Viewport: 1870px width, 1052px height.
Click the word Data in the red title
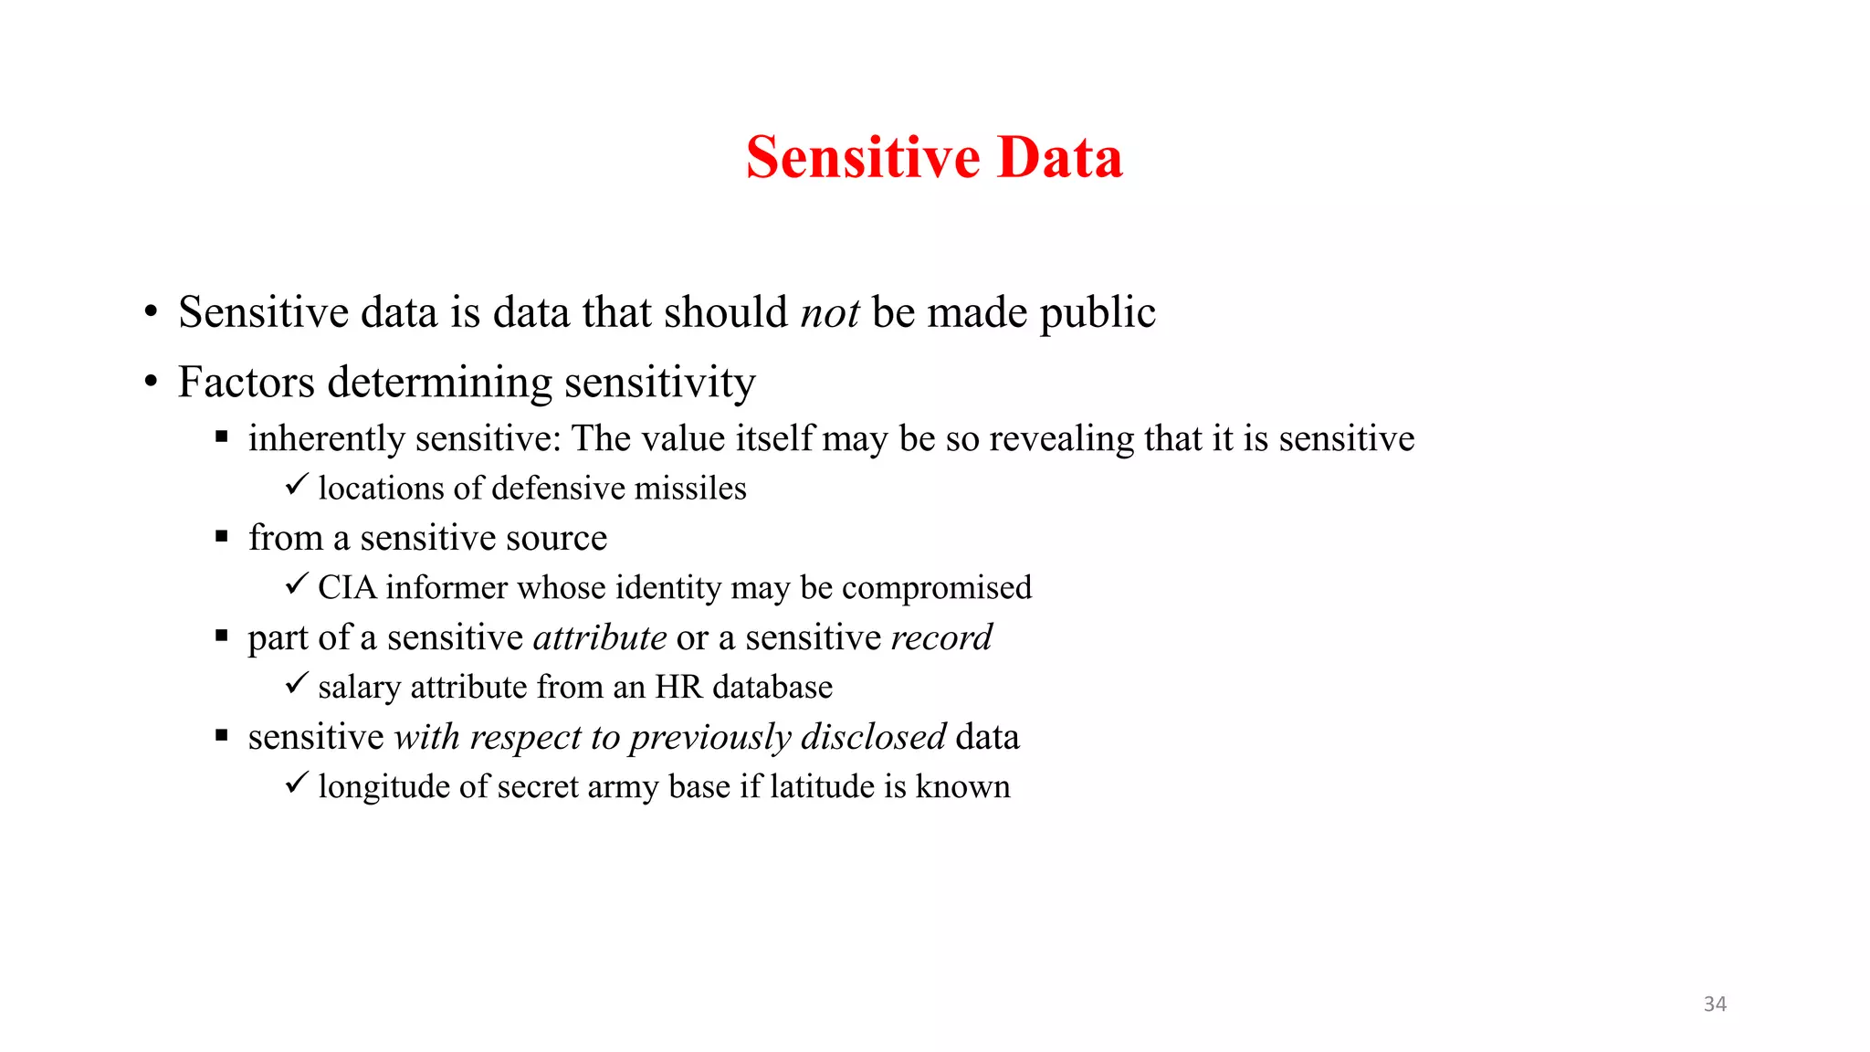click(1059, 157)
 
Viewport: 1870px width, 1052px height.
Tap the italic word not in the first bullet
click(829, 313)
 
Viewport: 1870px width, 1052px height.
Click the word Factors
click(246, 382)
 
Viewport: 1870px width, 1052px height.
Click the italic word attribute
click(600, 637)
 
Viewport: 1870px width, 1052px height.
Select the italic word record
click(941, 637)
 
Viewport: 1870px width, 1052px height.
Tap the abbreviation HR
click(678, 687)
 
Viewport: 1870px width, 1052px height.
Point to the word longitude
click(383, 786)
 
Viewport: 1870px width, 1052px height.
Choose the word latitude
click(823, 786)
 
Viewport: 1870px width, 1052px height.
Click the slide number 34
click(1715, 1004)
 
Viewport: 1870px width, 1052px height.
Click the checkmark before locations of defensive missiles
click(296, 485)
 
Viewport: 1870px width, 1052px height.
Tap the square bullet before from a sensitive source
click(221, 537)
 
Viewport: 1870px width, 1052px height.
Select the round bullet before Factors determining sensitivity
click(151, 383)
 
